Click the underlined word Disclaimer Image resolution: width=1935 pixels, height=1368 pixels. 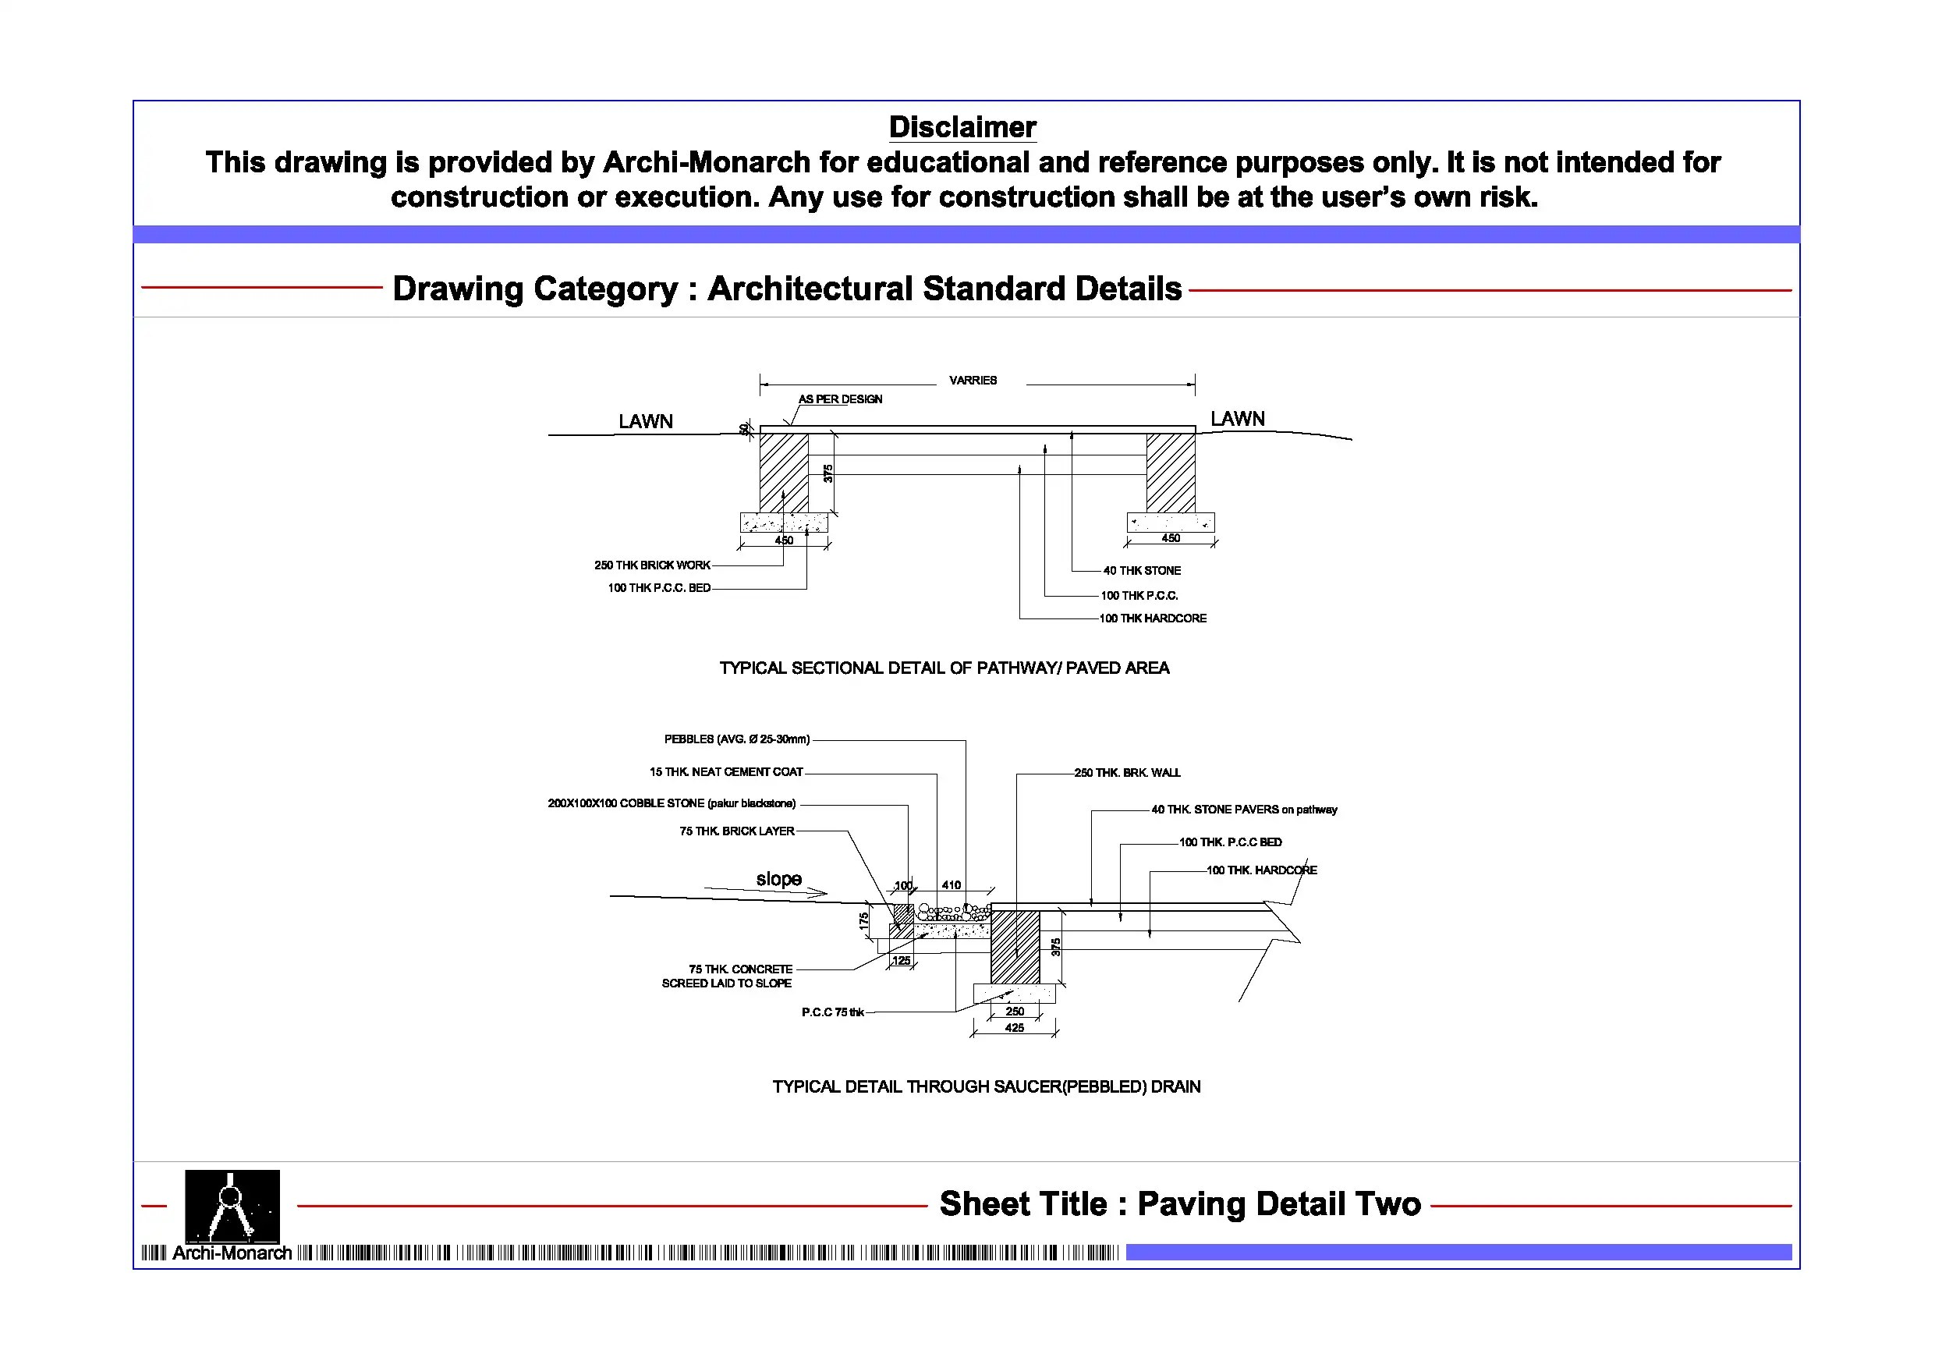(962, 127)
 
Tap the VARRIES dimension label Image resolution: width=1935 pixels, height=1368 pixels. (973, 381)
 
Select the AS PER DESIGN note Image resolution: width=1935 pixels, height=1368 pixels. (840, 399)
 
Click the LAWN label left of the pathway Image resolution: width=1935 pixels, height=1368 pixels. (646, 421)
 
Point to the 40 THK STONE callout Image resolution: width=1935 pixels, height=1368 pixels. (1142, 572)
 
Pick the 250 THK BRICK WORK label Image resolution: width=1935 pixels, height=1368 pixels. (651, 565)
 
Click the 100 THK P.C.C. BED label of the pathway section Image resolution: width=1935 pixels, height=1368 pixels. (659, 588)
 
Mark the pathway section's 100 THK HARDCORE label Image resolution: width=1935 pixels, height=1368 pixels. (1153, 618)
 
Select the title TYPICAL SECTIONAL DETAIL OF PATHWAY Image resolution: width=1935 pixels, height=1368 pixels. (944, 668)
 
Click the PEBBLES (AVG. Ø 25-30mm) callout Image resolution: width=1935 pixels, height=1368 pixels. (736, 740)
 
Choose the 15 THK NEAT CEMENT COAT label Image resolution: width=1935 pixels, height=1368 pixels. (725, 772)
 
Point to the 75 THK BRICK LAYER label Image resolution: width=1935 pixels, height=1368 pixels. (736, 832)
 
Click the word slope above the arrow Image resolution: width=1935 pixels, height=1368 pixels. (778, 879)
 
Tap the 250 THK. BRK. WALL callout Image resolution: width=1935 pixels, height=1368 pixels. (1127, 773)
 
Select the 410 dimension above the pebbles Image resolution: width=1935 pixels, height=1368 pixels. (952, 886)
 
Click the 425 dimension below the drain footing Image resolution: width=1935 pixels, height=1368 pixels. (1015, 1028)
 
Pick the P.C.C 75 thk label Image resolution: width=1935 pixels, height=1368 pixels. (833, 1012)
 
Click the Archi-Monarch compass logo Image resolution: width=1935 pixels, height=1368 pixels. (232, 1207)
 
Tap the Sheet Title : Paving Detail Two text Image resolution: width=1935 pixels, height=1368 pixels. (1180, 1204)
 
